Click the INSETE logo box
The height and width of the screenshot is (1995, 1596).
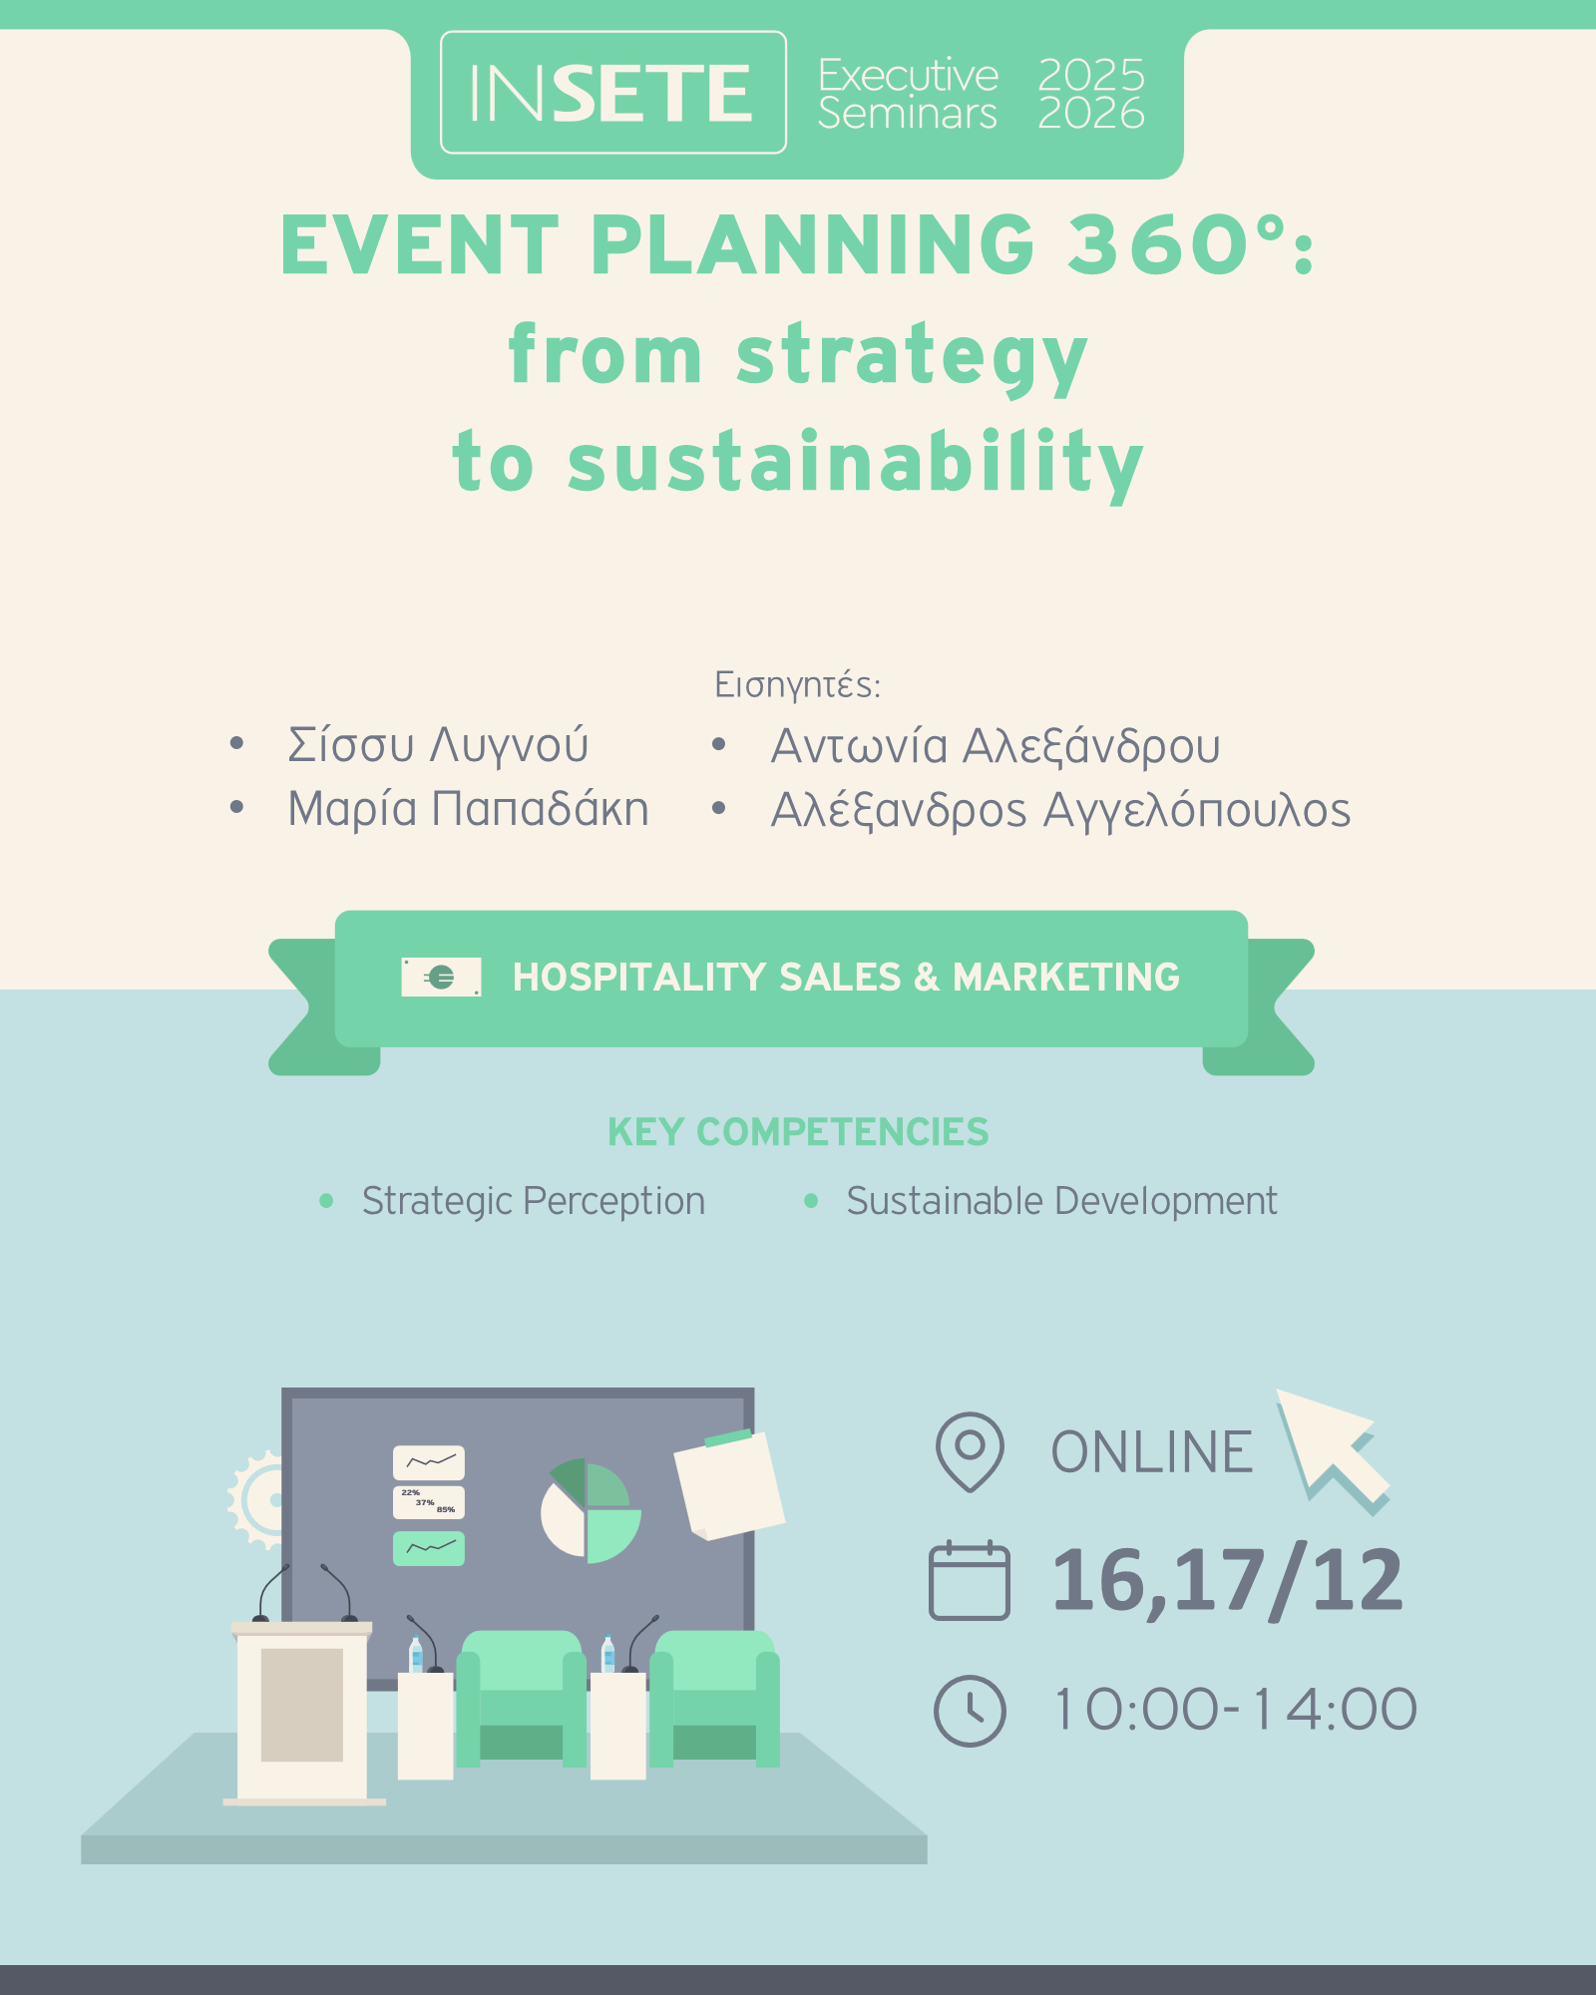click(613, 93)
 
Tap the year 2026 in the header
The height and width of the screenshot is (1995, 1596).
click(1091, 114)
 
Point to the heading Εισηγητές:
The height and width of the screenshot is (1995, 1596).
click(798, 685)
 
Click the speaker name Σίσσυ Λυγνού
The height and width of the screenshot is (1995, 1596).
click(438, 745)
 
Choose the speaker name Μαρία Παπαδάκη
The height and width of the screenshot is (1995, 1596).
click(468, 809)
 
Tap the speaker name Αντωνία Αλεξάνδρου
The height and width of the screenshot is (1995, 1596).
click(996, 746)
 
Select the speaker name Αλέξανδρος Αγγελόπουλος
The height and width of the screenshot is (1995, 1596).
click(1060, 810)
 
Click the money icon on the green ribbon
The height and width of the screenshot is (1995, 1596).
click(441, 978)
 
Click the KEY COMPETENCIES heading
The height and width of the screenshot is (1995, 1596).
click(798, 1132)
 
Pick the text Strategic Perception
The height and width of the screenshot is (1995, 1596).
click(534, 1202)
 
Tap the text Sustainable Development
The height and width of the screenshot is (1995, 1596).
click(1061, 1202)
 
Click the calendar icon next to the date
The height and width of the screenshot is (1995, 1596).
click(969, 1581)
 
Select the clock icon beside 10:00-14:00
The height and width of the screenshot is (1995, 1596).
click(970, 1711)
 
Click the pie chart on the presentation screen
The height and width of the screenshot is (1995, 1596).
click(591, 1511)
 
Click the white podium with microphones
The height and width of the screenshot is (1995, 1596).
click(302, 1711)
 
